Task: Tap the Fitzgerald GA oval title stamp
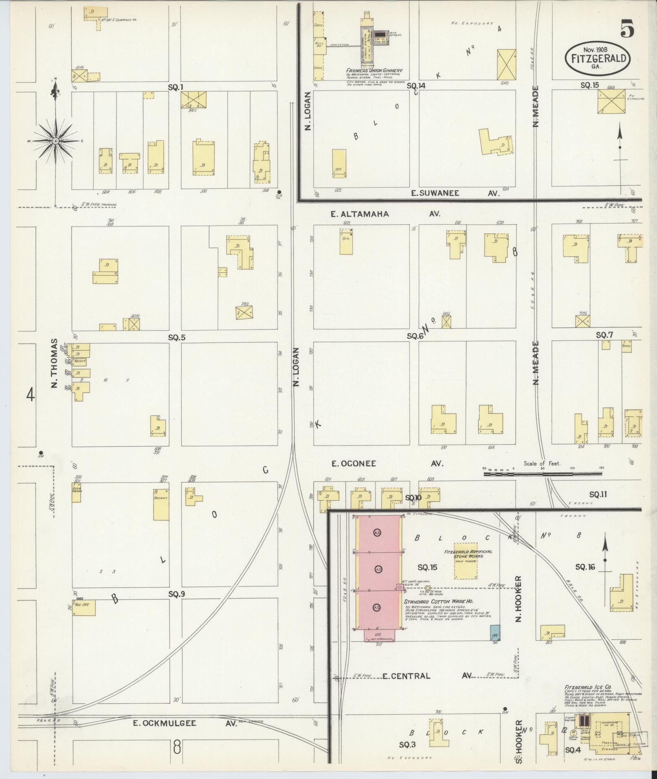[x=597, y=58]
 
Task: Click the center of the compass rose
[x=55, y=141]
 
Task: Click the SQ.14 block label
[x=416, y=86]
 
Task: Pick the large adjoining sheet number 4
[x=31, y=395]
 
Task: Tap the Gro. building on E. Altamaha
[x=346, y=241]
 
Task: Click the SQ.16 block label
[x=585, y=566]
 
